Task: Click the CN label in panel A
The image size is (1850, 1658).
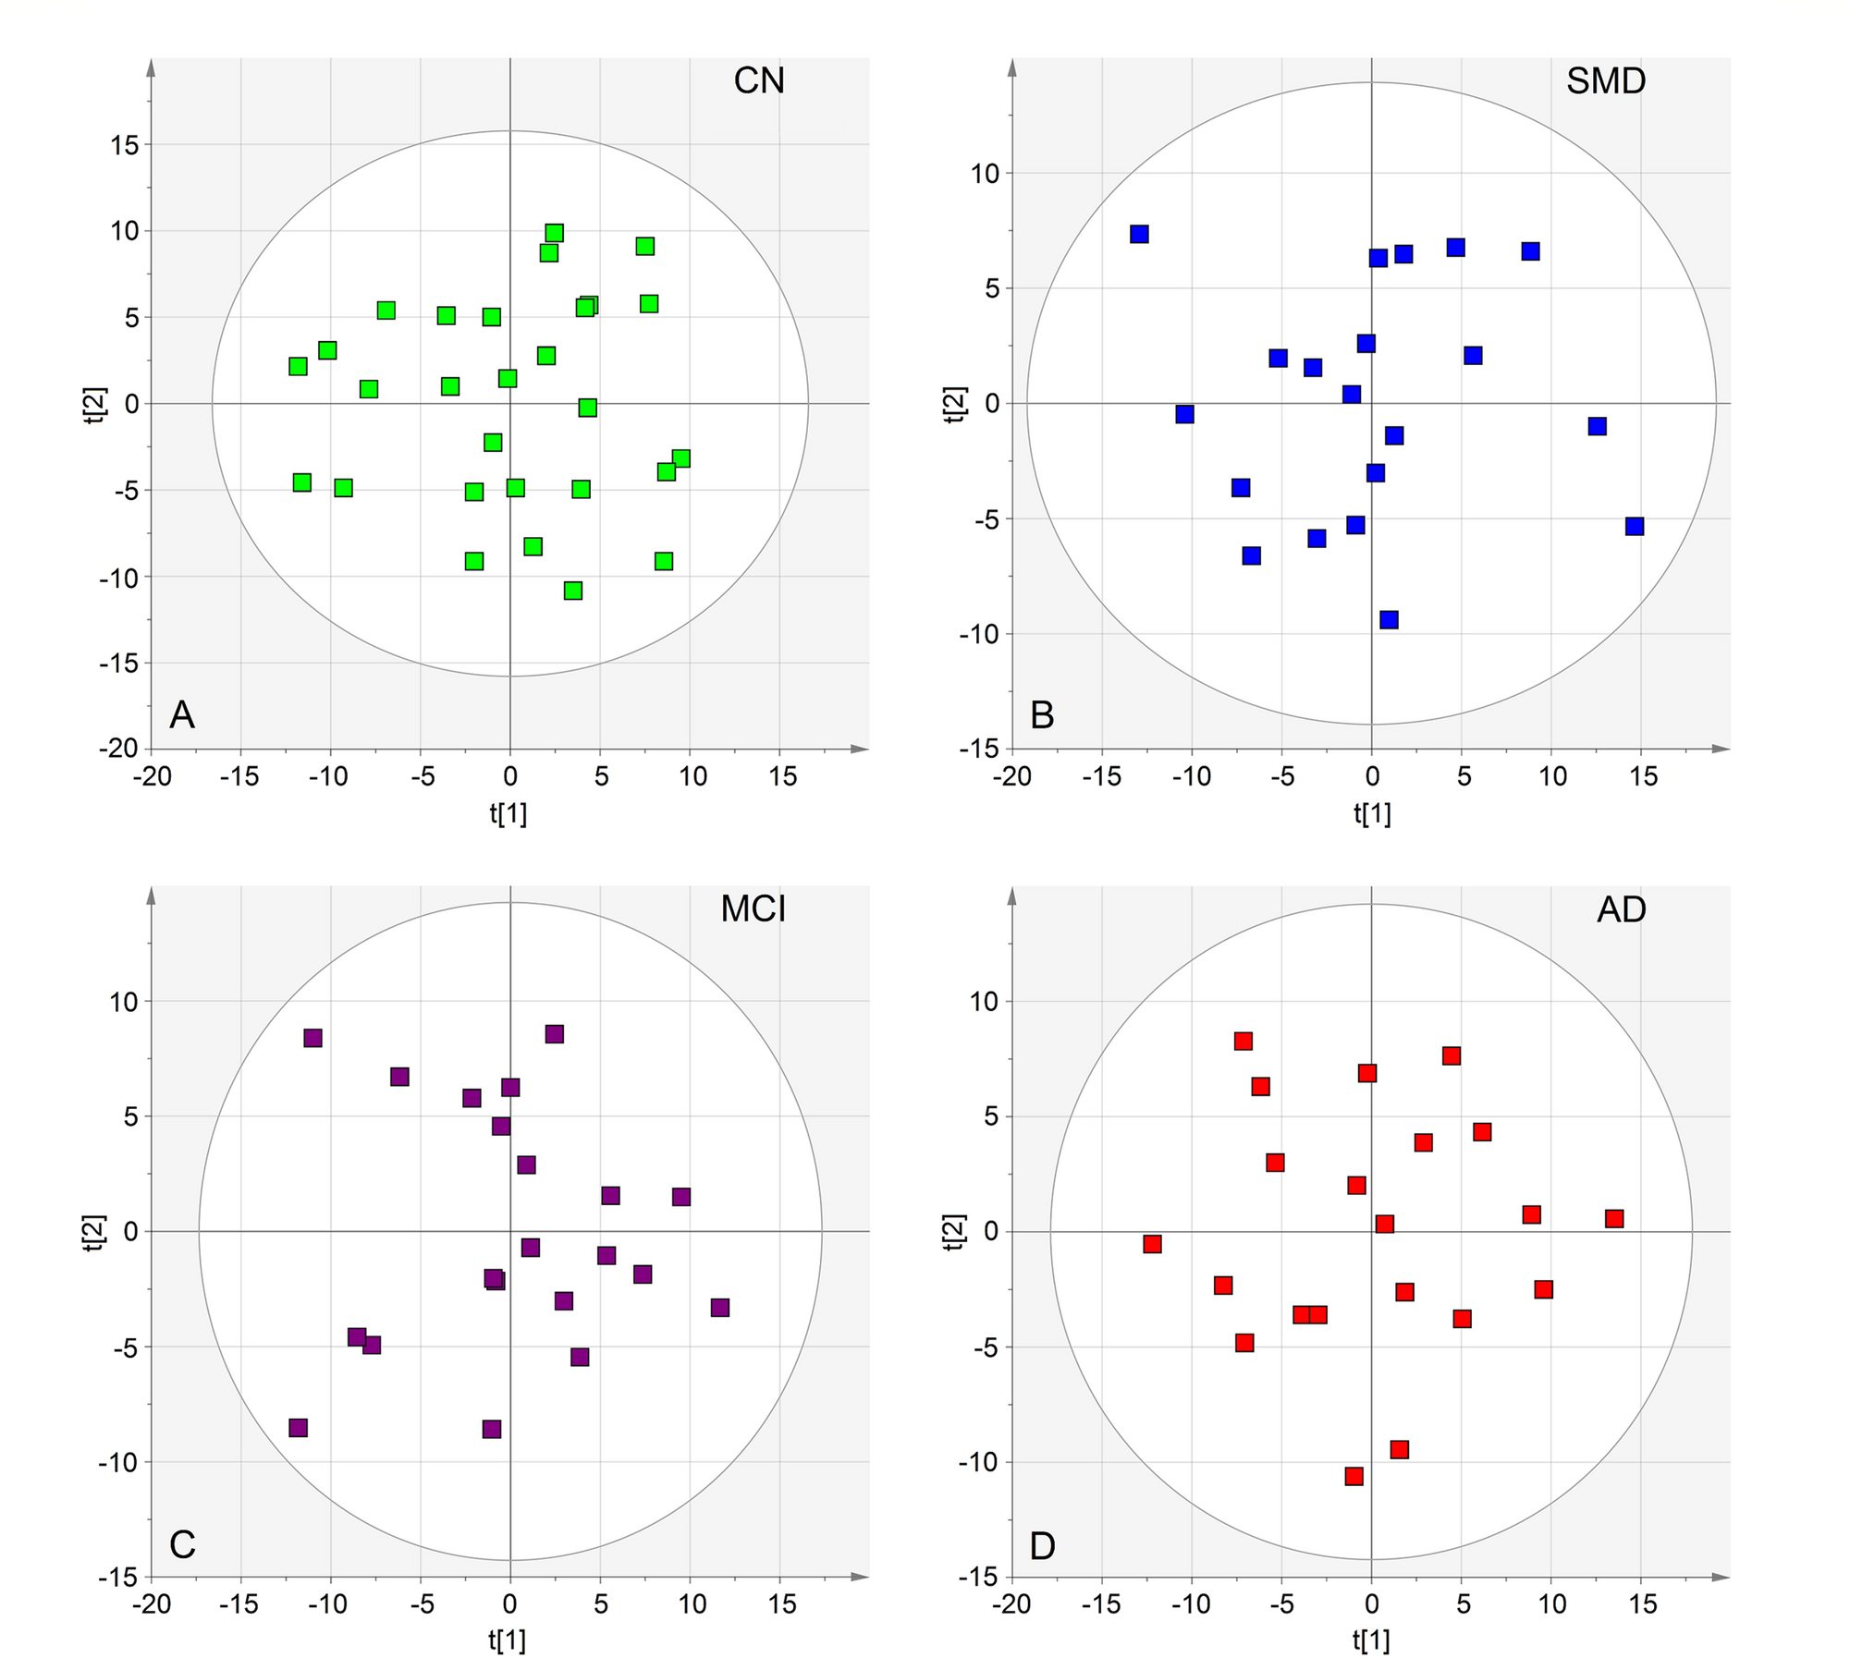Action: pyautogui.click(x=758, y=80)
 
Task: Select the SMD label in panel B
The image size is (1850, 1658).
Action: pyautogui.click(x=1605, y=80)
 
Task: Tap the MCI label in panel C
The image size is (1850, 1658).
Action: pyautogui.click(x=753, y=909)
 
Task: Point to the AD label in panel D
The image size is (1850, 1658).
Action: pyautogui.click(x=1621, y=909)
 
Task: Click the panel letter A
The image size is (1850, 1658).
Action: pyautogui.click(x=182, y=715)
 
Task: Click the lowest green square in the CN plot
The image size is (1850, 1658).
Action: pyautogui.click(x=573, y=591)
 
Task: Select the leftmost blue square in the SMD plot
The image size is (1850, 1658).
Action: pyautogui.click(x=1139, y=234)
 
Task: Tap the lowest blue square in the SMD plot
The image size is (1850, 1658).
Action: pyautogui.click(x=1389, y=619)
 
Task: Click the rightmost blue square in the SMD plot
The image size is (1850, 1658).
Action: pyautogui.click(x=1635, y=526)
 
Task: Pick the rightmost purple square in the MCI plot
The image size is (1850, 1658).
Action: pyautogui.click(x=720, y=1308)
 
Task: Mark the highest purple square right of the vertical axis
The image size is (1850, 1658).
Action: pyautogui.click(x=554, y=1034)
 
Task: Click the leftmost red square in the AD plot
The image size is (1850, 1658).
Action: pyautogui.click(x=1152, y=1244)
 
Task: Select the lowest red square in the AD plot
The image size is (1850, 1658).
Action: pyautogui.click(x=1354, y=1476)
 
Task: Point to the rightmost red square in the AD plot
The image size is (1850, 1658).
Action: pyautogui.click(x=1614, y=1218)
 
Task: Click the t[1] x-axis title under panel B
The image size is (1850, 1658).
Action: pyautogui.click(x=1372, y=812)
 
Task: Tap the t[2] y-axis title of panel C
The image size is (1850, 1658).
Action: pyautogui.click(x=94, y=1233)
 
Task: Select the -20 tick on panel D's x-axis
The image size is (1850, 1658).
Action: pyautogui.click(x=1011, y=1603)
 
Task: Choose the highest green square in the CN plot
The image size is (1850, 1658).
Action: pyautogui.click(x=554, y=233)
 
